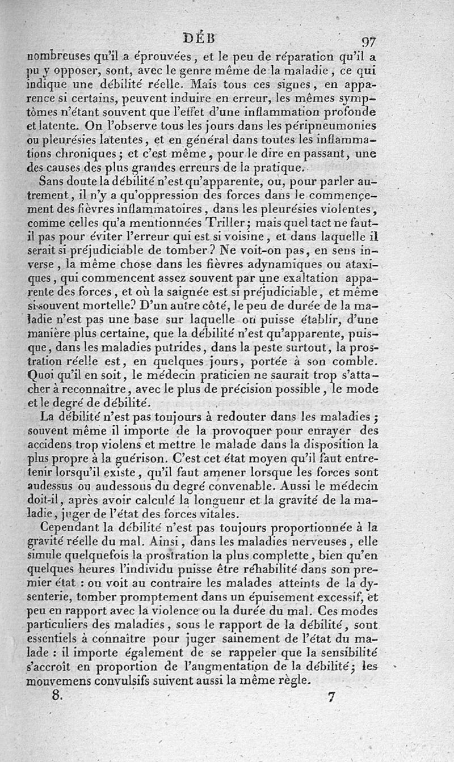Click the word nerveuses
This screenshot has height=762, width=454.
(324, 541)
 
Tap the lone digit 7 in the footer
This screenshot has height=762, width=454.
(332, 697)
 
